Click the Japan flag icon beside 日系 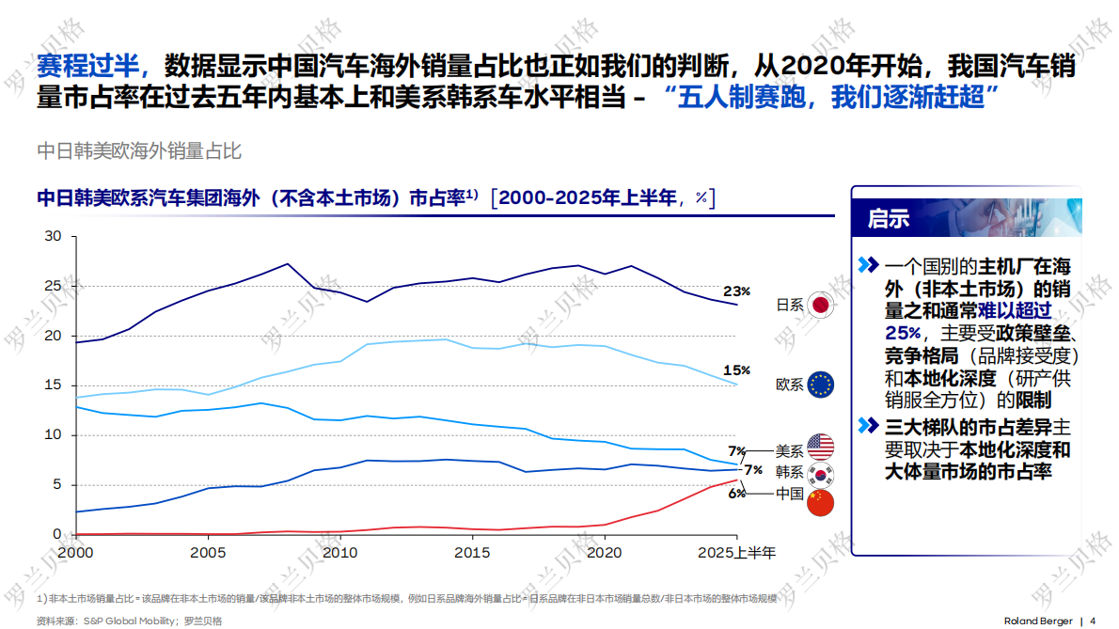(820, 305)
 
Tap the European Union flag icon (820, 385)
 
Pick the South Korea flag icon (820, 473)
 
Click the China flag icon (820, 500)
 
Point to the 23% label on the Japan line (736, 291)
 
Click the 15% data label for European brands (736, 370)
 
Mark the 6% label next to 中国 (736, 494)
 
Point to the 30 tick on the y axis (53, 236)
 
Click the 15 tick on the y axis (53, 385)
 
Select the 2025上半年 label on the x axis (736, 553)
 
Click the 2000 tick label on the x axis (74, 553)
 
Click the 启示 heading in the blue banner (889, 219)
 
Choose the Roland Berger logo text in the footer (1037, 621)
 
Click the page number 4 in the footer (1093, 621)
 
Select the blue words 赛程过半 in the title (87, 66)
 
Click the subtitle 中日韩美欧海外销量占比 (139, 149)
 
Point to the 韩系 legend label (789, 472)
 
